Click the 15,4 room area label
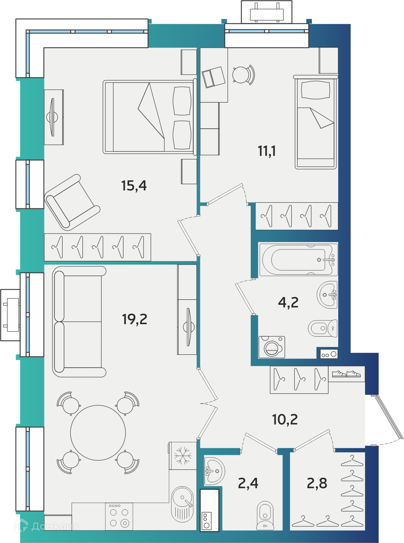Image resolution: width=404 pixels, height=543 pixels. click(134, 185)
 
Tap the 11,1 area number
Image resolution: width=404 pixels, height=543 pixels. click(267, 151)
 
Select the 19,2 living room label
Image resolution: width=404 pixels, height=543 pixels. click(135, 319)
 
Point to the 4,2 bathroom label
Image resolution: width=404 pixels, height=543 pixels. click(288, 302)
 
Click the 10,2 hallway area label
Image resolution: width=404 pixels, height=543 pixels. click(285, 419)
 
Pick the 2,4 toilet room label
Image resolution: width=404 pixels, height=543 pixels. click(248, 484)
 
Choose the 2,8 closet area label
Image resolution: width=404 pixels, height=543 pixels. click(317, 483)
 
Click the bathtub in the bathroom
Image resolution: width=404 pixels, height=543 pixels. click(299, 260)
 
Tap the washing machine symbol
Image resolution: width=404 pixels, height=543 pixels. click(272, 347)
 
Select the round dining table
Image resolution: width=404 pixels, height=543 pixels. click(98, 433)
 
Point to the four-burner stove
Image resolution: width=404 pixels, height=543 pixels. click(119, 517)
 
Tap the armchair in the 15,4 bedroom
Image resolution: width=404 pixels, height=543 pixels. click(72, 203)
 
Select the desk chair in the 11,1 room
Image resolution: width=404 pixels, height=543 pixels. click(243, 75)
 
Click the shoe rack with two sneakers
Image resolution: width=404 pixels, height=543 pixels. click(346, 374)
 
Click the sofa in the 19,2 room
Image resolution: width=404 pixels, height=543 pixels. click(79, 322)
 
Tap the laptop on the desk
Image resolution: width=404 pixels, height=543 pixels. click(213, 77)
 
